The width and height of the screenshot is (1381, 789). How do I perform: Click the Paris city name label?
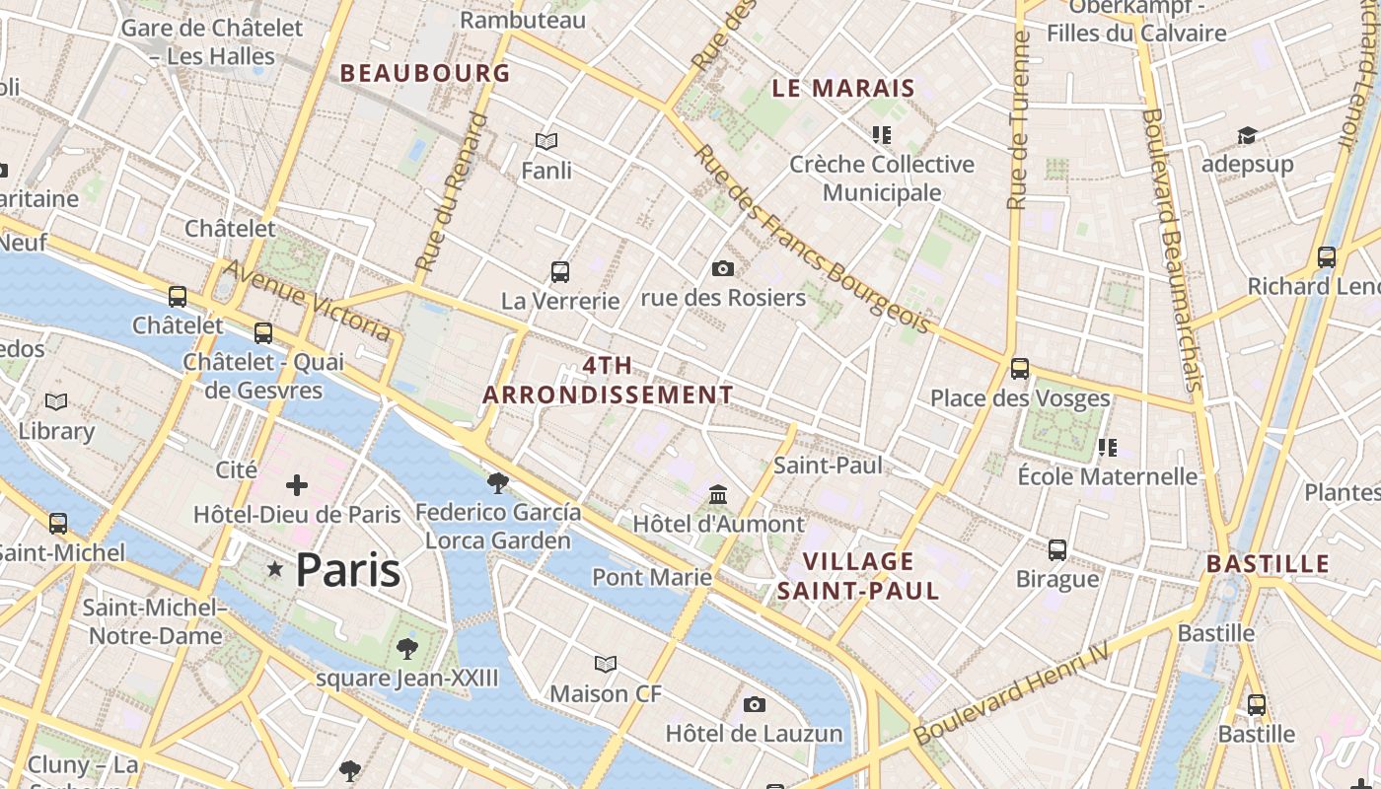click(348, 570)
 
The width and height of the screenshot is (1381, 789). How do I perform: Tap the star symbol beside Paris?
click(275, 569)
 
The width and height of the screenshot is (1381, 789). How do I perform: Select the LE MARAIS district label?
click(843, 88)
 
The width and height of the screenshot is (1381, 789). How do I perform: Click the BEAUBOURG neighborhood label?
click(425, 73)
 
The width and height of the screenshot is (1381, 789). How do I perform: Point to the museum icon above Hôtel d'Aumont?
click(718, 493)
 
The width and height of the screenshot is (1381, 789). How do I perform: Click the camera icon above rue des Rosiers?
click(723, 268)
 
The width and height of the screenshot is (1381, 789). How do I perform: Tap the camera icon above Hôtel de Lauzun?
click(755, 704)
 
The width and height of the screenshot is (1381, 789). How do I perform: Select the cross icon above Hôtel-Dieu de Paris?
click(296, 484)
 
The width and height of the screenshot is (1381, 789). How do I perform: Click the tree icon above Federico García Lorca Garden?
click(498, 482)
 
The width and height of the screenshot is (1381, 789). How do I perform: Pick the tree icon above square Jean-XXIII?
click(406, 648)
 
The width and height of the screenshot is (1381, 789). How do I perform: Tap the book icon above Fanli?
click(546, 141)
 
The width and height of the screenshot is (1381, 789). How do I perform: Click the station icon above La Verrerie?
click(560, 271)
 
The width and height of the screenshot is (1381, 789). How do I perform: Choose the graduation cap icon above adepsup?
click(1248, 135)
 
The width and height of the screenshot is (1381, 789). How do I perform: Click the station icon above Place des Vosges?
click(1020, 369)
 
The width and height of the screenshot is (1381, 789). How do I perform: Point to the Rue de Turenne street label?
click(1019, 120)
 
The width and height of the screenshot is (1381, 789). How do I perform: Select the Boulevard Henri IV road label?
click(1011, 693)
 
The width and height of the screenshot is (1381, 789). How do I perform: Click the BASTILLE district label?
click(1269, 564)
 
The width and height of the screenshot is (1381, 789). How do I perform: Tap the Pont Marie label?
click(652, 577)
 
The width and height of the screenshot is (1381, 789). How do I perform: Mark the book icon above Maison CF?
click(606, 665)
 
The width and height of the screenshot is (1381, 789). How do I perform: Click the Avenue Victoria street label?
click(307, 299)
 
